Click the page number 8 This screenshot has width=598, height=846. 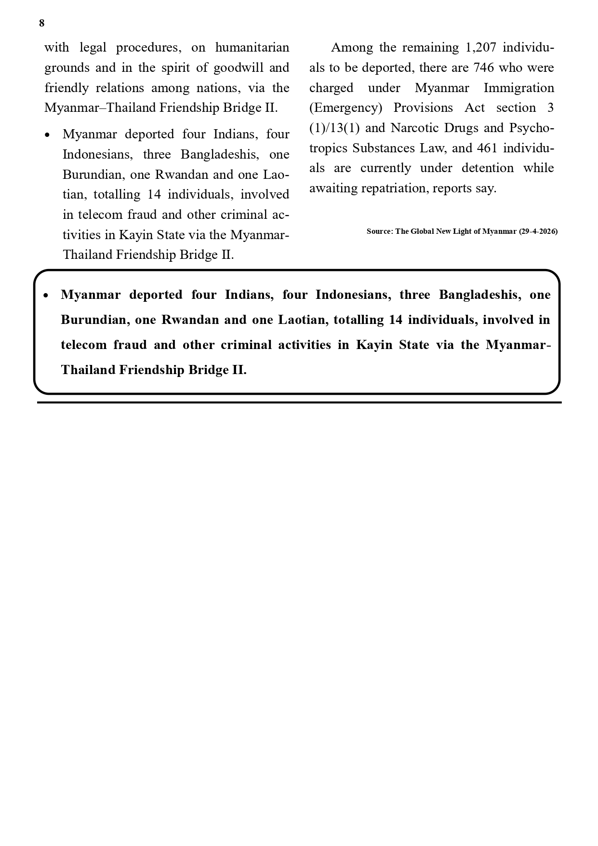42,23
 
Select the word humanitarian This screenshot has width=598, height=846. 252,48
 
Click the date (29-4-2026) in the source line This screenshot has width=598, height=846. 538,231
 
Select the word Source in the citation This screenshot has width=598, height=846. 379,231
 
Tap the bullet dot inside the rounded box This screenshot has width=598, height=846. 46,295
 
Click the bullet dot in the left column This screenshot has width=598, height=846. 47,135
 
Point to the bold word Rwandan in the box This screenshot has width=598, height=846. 190,320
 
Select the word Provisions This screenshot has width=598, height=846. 423,107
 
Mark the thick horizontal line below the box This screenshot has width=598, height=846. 299,403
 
